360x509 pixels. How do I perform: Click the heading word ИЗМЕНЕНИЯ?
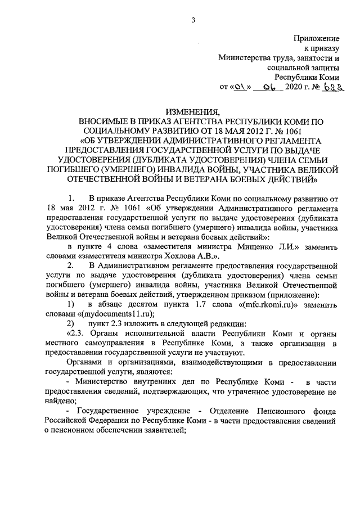(192, 111)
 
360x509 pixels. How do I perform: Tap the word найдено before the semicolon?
(58, 401)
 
